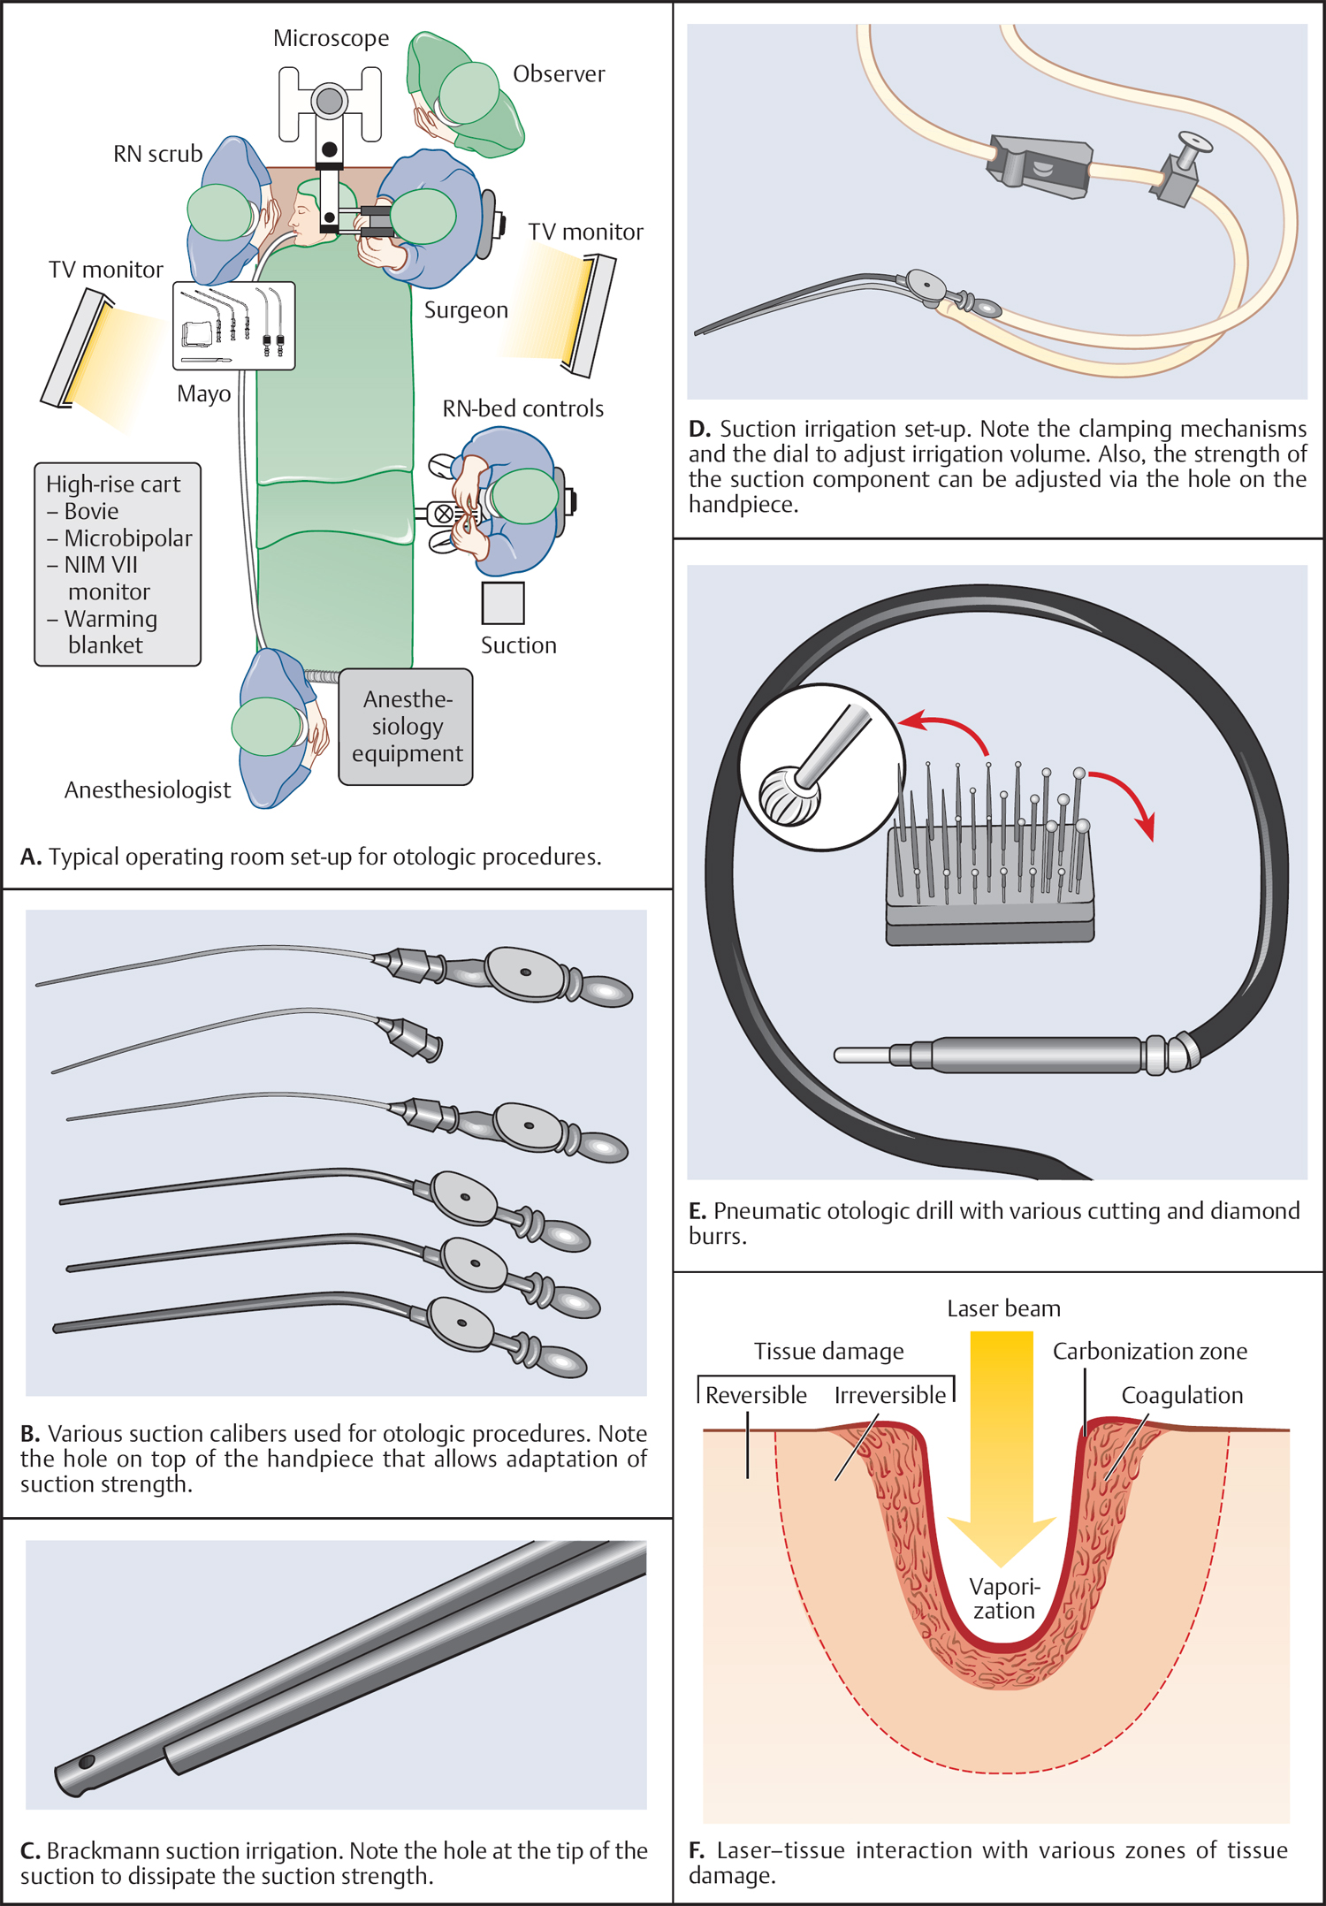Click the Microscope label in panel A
pos(331,38)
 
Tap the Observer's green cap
pos(469,93)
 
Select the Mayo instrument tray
pos(233,325)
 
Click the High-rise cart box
pos(118,564)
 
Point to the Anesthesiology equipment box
pos(406,726)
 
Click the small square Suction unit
pos(503,603)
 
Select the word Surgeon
pos(466,310)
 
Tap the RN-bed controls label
pos(522,408)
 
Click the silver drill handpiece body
pos(1034,1055)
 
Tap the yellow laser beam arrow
pos(1002,1450)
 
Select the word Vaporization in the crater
pos(1004,1598)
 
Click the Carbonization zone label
pos(1149,1351)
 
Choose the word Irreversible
pos(889,1395)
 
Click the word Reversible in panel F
pos(756,1395)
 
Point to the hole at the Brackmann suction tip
pos(87,1762)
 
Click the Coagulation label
pos(1182,1395)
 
